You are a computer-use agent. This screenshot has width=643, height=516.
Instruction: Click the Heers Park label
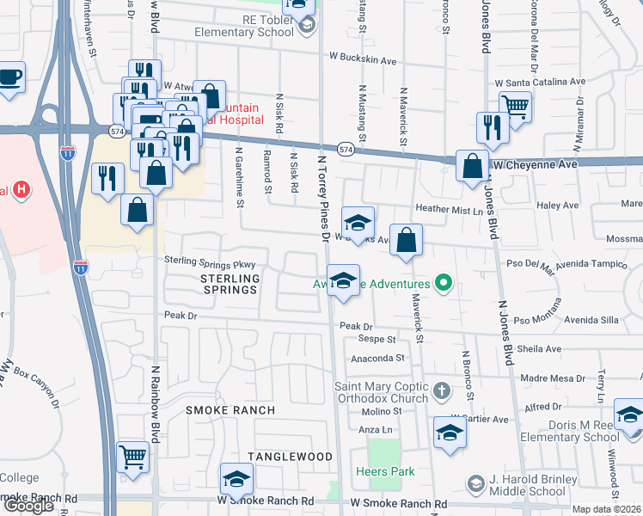click(385, 471)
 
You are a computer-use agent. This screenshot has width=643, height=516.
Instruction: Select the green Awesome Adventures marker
click(444, 282)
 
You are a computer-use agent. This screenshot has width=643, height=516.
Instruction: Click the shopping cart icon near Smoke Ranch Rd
click(132, 457)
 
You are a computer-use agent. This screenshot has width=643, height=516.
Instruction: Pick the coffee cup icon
click(10, 77)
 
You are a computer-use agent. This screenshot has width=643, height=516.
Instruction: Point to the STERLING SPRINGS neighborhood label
click(230, 284)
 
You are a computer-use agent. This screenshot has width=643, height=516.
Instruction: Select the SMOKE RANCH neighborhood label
click(230, 410)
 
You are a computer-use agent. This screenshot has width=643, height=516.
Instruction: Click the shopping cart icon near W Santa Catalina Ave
click(515, 107)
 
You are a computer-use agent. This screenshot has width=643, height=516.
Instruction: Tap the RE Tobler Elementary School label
click(243, 26)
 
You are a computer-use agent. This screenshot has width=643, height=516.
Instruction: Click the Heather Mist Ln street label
click(445, 209)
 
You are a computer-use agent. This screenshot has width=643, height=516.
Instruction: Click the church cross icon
click(441, 392)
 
